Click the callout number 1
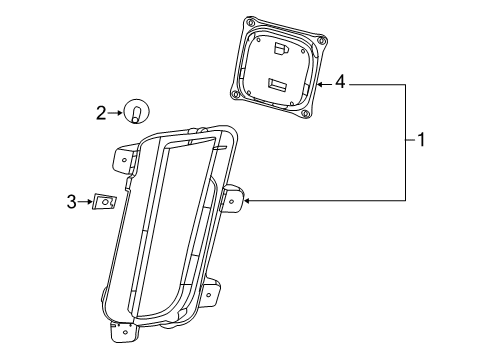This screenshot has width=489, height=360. tap(421, 140)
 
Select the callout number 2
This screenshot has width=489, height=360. tap(101, 113)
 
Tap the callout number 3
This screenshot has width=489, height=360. tap(71, 202)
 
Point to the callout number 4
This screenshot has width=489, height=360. tap(340, 82)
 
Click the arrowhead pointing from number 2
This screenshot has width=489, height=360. tap(120, 113)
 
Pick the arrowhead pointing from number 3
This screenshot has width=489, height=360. tap(90, 201)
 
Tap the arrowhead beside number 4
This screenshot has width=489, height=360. tap(319, 84)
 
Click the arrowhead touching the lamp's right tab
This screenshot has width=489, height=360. tap(247, 201)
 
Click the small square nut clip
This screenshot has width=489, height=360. tap(104, 202)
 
